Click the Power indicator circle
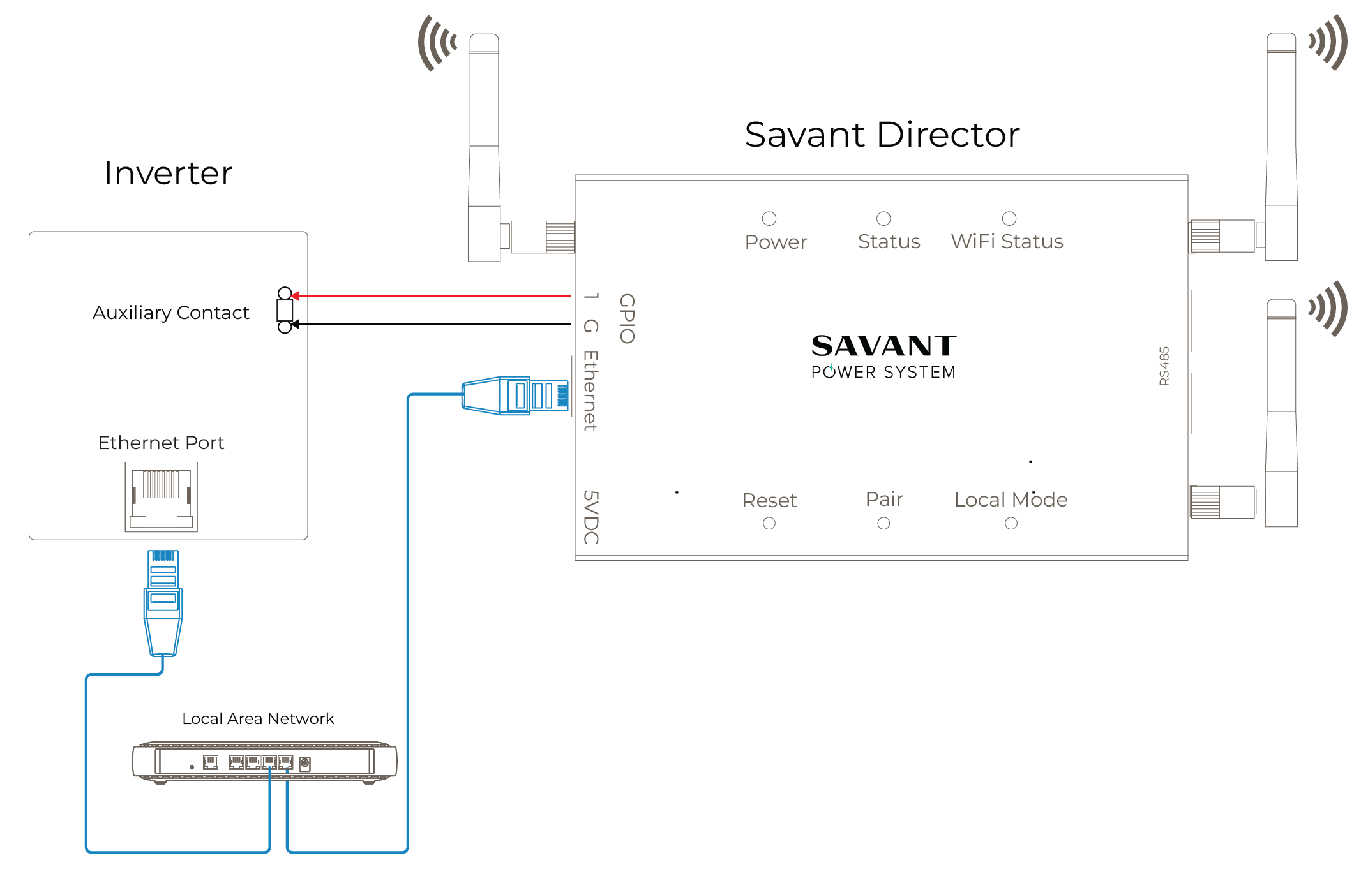[x=769, y=219]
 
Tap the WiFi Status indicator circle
[x=1009, y=219]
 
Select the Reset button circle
[x=769, y=523]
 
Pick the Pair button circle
[x=883, y=523]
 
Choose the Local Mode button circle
[x=1011, y=523]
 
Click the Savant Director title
[x=882, y=135]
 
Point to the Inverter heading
[x=169, y=174]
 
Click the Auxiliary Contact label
[x=170, y=313]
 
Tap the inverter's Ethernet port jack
[x=161, y=497]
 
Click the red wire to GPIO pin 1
[x=434, y=296]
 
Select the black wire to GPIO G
[x=434, y=324]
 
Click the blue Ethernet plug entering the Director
[x=515, y=396]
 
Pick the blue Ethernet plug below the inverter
[x=163, y=603]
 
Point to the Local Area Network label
[x=258, y=719]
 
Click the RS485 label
[x=1164, y=366]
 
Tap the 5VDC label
[x=591, y=517]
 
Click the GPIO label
[x=627, y=318]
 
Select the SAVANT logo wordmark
[x=883, y=346]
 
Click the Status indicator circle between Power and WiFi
[x=883, y=219]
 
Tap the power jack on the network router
[x=304, y=763]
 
